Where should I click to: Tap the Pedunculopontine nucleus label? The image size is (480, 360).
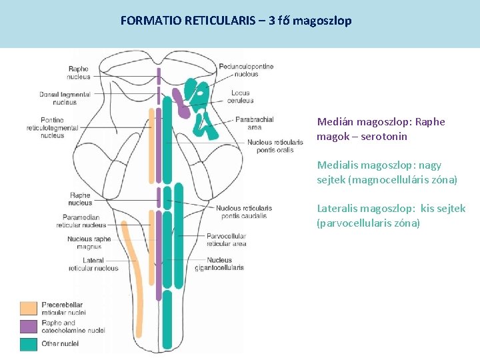point(246,70)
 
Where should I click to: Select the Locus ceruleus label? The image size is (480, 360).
point(241,97)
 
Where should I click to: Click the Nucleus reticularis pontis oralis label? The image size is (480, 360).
point(270,145)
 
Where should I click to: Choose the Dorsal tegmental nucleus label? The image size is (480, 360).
point(57,98)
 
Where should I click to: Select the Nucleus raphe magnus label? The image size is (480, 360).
point(89,242)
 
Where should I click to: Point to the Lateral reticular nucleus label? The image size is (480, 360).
point(93,264)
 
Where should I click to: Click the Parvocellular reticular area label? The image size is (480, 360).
point(226,240)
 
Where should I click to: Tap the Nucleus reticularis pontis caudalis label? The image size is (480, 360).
point(243,212)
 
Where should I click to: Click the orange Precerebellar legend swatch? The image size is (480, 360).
point(28,308)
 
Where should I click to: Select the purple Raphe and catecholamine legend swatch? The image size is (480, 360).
point(28,326)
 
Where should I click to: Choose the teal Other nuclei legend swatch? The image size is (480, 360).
point(28,344)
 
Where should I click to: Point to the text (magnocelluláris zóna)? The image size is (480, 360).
point(387,180)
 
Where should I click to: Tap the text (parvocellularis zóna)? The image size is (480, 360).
point(368,223)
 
